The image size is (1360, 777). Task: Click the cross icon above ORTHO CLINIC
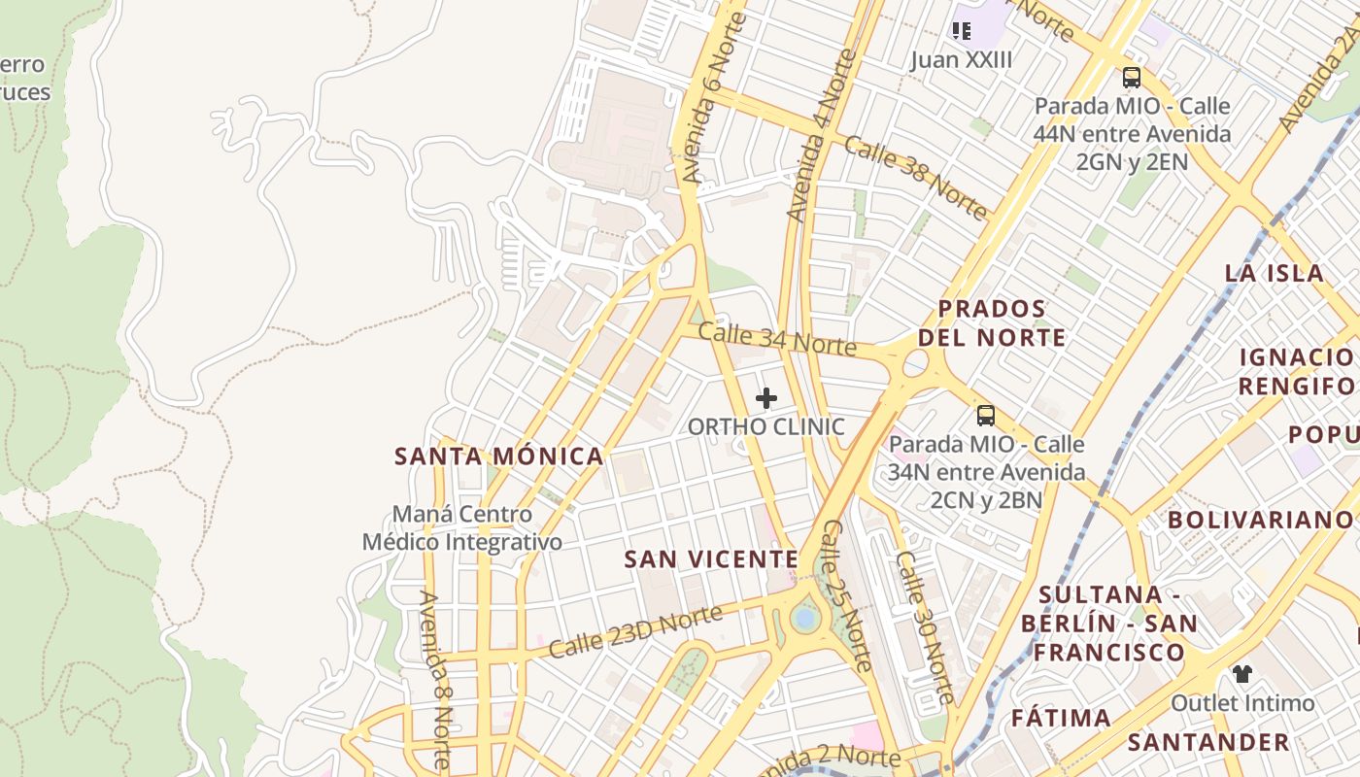coord(766,398)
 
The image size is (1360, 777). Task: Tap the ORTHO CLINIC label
coord(766,427)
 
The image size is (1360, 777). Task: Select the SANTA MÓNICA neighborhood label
coord(499,456)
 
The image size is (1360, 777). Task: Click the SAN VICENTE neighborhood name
coord(711,559)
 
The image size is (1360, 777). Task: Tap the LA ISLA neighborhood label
coord(1275,273)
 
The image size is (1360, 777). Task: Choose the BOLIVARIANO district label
coord(1260,520)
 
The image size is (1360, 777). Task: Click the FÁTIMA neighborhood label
coord(1061,719)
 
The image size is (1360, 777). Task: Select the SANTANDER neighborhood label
coord(1208,743)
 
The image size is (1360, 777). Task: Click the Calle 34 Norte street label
coord(777,340)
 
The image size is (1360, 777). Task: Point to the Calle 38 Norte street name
coord(915,177)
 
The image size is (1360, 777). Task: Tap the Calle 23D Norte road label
coord(636,631)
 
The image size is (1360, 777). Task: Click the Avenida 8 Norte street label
coord(434,680)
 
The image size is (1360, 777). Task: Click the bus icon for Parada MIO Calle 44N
coord(1131,78)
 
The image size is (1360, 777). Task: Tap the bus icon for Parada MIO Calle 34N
coord(986,416)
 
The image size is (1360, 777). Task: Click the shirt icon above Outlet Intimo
coord(1241,673)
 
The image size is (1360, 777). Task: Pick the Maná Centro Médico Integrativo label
coord(462,527)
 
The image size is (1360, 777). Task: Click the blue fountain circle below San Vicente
coord(804,618)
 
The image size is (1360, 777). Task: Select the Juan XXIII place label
coord(961,60)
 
